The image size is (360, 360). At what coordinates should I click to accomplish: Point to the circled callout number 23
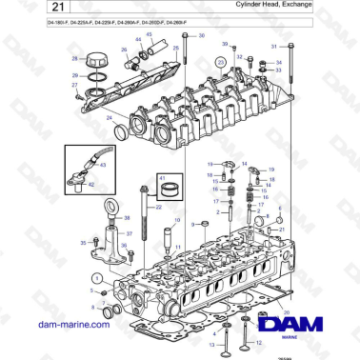point(221,62)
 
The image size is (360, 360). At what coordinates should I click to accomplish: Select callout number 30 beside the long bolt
point(200,35)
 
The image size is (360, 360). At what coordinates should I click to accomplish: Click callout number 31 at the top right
point(275,46)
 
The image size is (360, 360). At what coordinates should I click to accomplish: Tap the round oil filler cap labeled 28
point(95,62)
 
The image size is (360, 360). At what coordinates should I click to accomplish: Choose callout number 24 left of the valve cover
point(110,118)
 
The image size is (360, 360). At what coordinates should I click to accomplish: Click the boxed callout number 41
point(160,178)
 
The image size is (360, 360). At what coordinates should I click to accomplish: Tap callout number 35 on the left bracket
point(83,244)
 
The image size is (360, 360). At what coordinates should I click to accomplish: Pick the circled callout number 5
point(93,276)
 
